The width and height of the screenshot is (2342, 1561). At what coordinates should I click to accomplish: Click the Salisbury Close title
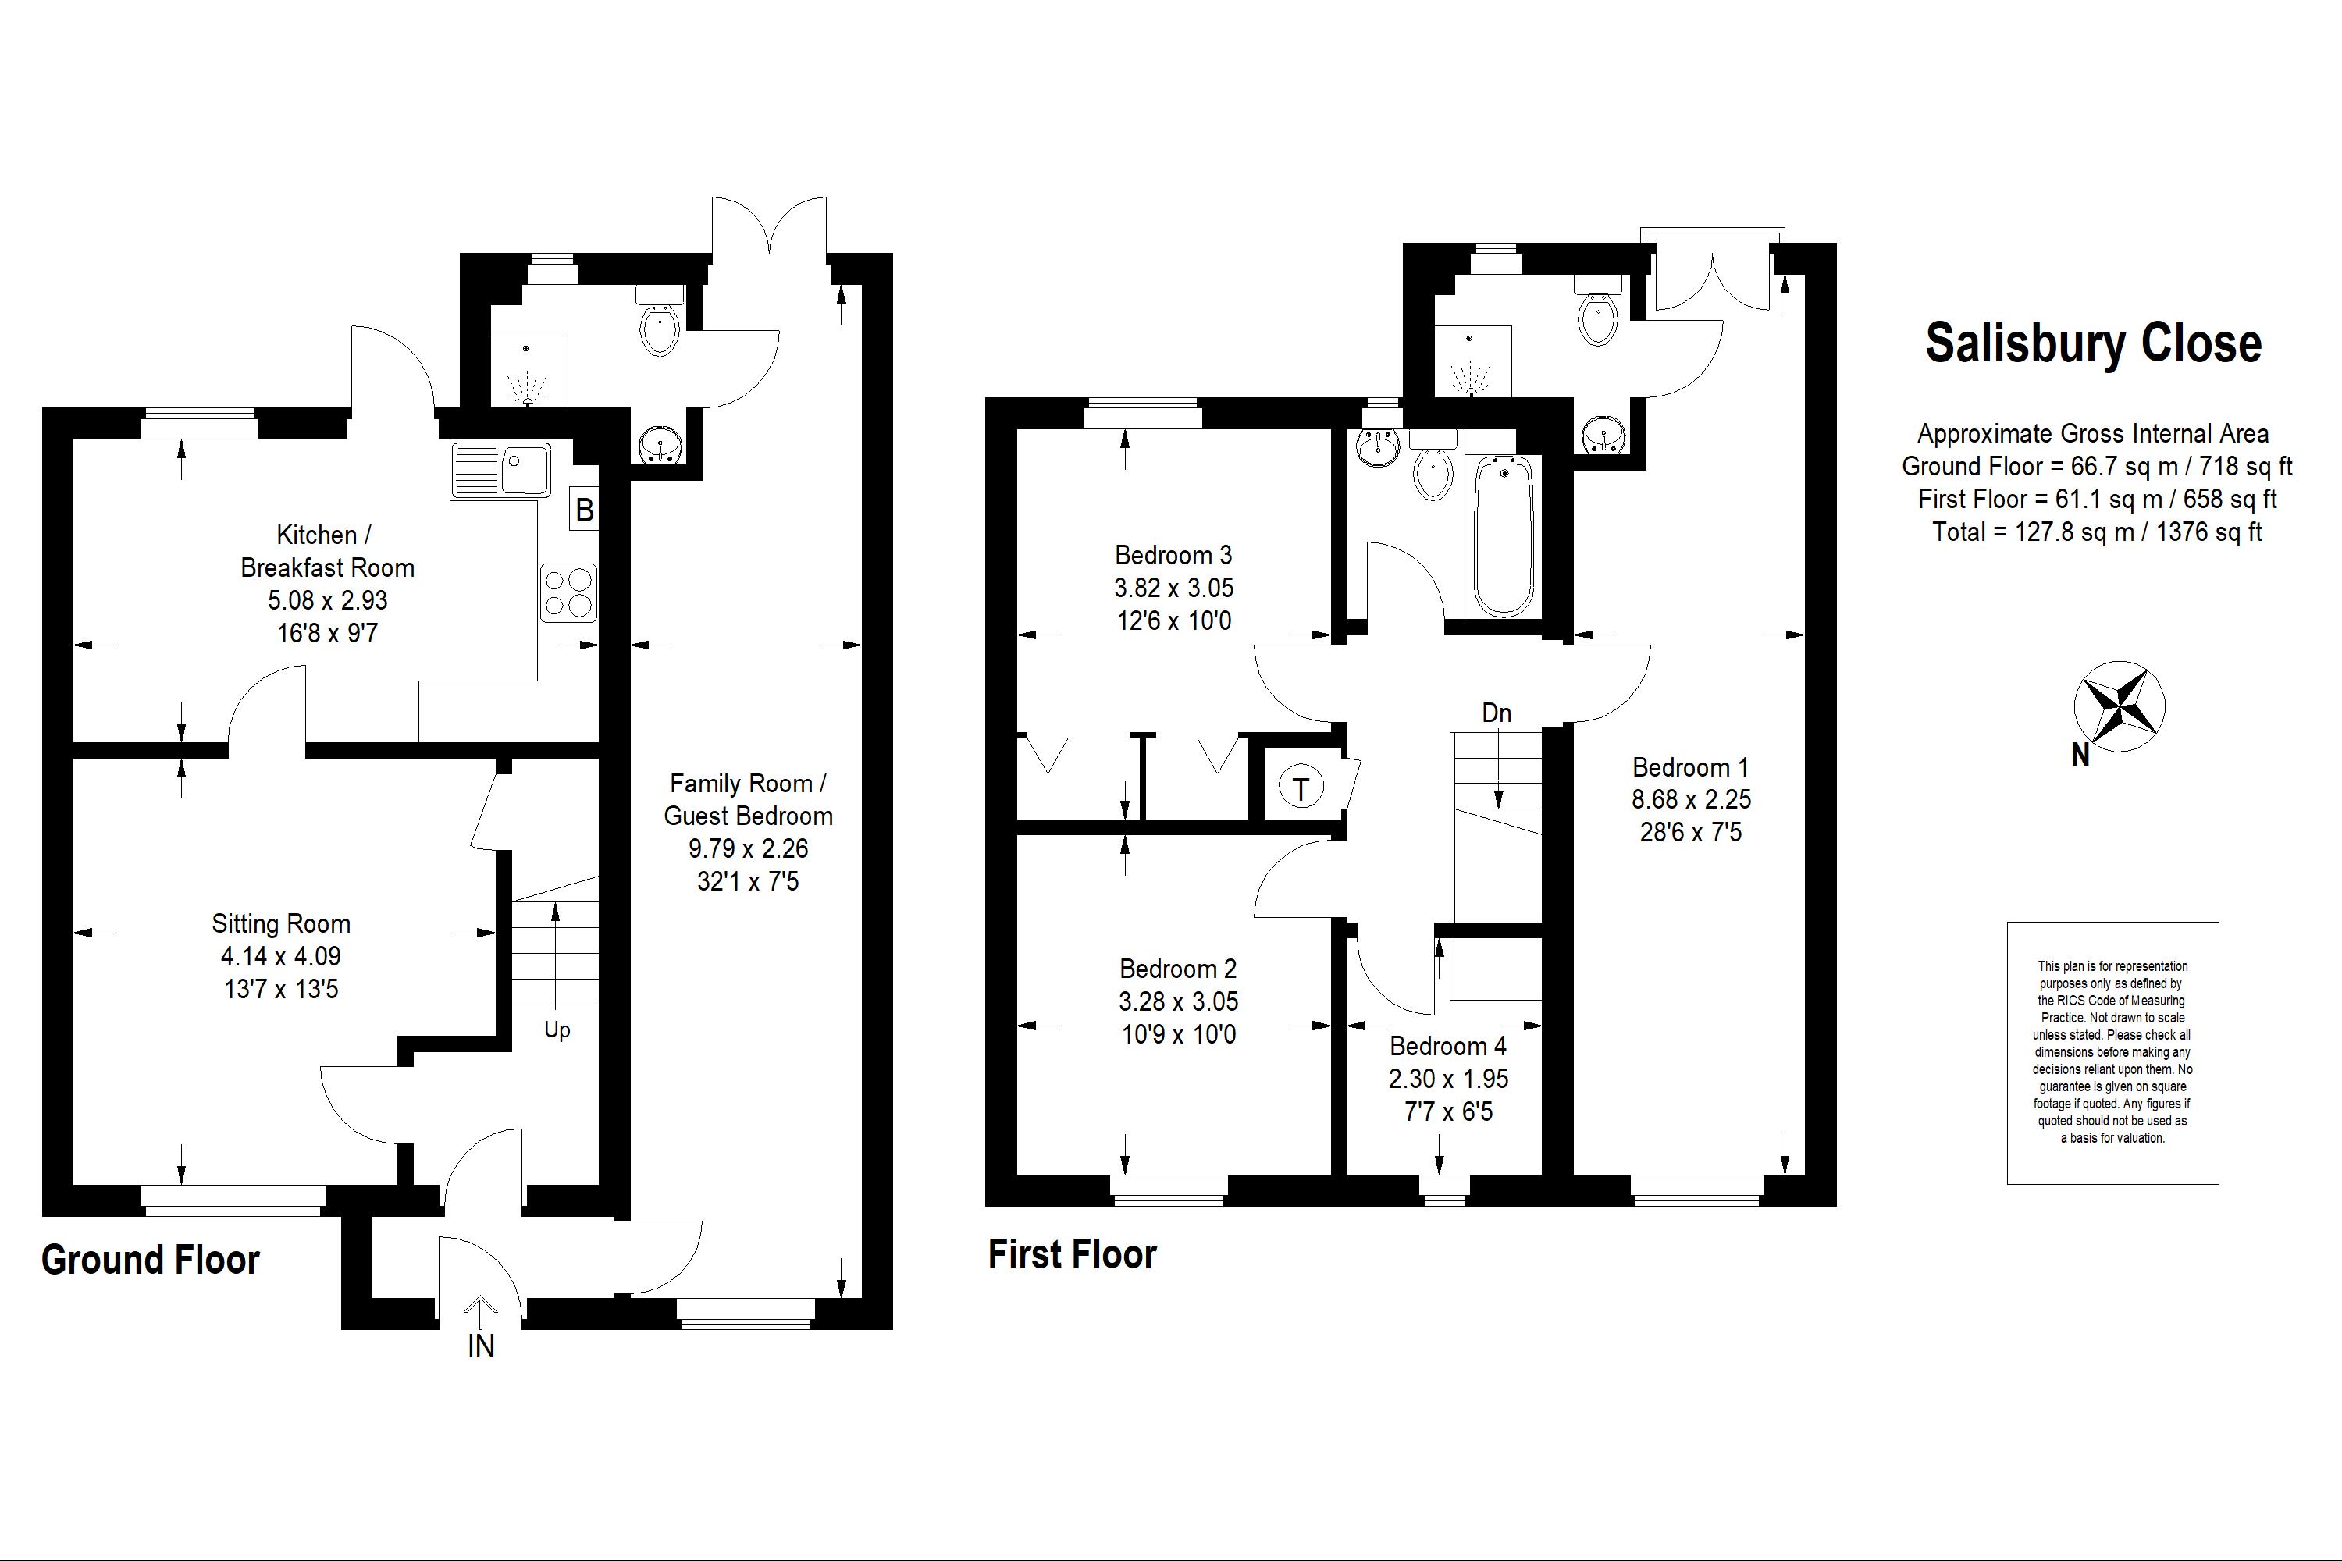tap(2093, 343)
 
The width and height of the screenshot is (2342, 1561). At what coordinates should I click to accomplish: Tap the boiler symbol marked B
tap(585, 510)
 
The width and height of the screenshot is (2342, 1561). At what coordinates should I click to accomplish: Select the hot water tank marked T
tap(1301, 788)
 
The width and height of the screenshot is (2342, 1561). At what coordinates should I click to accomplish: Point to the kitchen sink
tap(501, 470)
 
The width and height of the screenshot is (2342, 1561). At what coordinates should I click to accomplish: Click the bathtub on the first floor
tap(1504, 537)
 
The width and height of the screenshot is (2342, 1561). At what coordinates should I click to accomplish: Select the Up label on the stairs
tap(557, 1030)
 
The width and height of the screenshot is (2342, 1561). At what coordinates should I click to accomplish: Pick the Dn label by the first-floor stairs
tap(1497, 713)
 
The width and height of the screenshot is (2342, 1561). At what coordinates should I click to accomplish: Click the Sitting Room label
tap(281, 924)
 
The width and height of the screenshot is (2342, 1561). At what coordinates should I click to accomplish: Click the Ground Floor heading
tap(151, 1261)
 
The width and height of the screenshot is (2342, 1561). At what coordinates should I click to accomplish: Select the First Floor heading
tap(1073, 1254)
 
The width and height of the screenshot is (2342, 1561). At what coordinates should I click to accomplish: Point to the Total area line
tap(2097, 532)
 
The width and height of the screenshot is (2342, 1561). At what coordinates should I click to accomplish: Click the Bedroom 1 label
tap(1691, 767)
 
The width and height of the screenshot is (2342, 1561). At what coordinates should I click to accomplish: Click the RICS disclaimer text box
tap(2112, 1052)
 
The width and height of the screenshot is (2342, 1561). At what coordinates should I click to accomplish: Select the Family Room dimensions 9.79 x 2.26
tap(749, 849)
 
